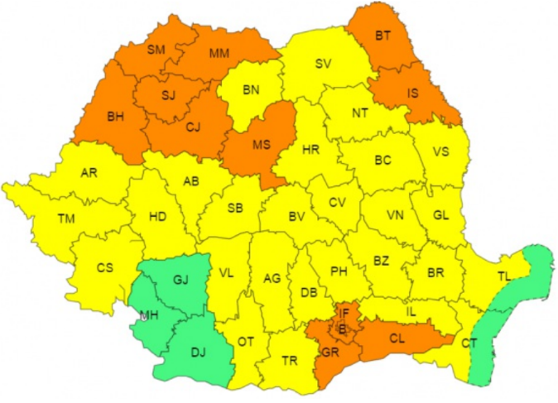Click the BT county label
click(383, 36)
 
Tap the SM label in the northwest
click(156, 50)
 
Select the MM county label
click(219, 54)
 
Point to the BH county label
click(117, 117)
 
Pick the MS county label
click(262, 145)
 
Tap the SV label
click(323, 64)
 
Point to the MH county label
click(149, 316)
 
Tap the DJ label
click(200, 352)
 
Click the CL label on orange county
click(396, 338)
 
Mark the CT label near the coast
click(469, 343)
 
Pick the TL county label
click(505, 277)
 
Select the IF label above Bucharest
click(344, 313)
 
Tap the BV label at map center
click(297, 217)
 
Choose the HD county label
click(157, 217)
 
